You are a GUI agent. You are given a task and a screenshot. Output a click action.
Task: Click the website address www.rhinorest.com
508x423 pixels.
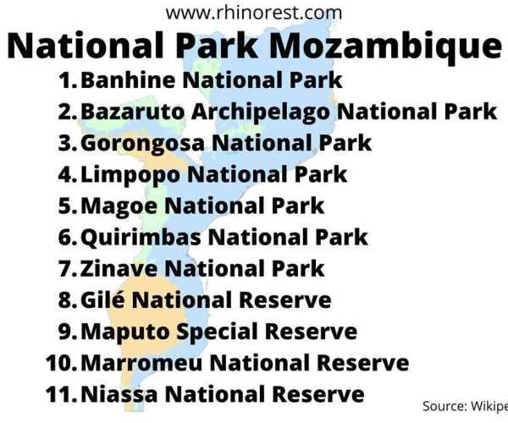click(254, 13)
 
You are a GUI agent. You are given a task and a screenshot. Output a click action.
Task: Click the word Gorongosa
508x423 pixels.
click(142, 143)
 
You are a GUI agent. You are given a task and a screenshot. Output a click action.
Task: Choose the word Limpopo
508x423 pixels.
click(130, 175)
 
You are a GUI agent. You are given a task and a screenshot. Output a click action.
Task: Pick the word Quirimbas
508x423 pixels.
click(141, 237)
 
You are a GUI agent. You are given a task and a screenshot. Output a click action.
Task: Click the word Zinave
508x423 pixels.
click(119, 269)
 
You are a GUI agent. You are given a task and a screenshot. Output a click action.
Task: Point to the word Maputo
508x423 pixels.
click(125, 332)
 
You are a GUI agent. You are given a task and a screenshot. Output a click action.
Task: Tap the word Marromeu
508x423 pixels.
click(141, 363)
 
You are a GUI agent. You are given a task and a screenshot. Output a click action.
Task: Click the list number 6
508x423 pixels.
click(68, 237)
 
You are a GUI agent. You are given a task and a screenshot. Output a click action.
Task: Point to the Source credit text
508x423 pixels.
click(465, 406)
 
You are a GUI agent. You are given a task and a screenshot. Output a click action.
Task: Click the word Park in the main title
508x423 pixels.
click(217, 46)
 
